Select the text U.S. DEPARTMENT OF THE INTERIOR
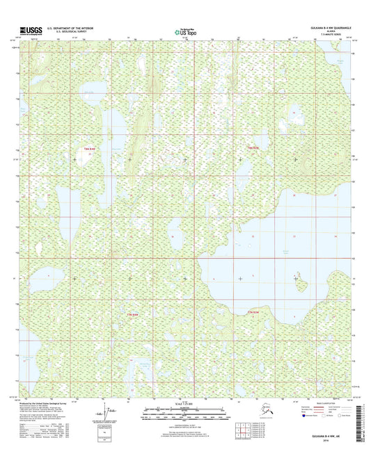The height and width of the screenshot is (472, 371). [x=70, y=28]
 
